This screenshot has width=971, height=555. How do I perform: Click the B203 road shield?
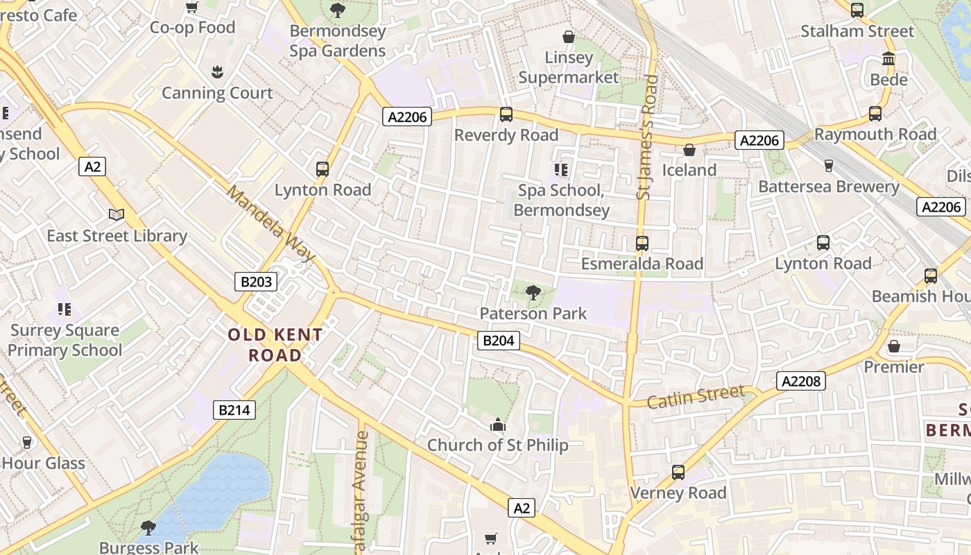click(x=256, y=282)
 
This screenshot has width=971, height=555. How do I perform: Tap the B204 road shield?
click(x=499, y=341)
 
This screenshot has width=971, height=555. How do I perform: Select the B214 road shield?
click(x=234, y=410)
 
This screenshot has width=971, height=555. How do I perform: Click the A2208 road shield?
click(x=800, y=381)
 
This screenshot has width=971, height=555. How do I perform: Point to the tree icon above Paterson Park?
click(x=533, y=293)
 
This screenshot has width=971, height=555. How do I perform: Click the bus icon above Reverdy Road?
click(x=506, y=114)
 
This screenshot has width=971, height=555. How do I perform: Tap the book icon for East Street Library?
click(x=117, y=216)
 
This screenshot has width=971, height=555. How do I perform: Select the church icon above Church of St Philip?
click(x=497, y=425)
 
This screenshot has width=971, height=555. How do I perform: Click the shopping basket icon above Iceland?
click(x=689, y=150)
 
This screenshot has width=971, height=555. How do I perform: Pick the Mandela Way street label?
click(x=271, y=223)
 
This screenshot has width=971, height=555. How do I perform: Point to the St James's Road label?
click(x=647, y=137)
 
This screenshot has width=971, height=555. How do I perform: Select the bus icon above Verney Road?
click(x=678, y=472)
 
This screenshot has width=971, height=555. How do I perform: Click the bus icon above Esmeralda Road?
click(x=642, y=244)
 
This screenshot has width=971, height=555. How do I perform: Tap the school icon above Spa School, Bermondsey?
click(x=561, y=170)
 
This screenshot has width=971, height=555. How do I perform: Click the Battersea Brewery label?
click(x=828, y=187)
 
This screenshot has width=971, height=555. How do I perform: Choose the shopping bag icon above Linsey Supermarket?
click(x=569, y=37)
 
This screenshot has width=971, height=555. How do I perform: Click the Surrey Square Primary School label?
click(x=65, y=340)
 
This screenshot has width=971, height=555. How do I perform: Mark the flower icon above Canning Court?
click(x=217, y=72)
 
